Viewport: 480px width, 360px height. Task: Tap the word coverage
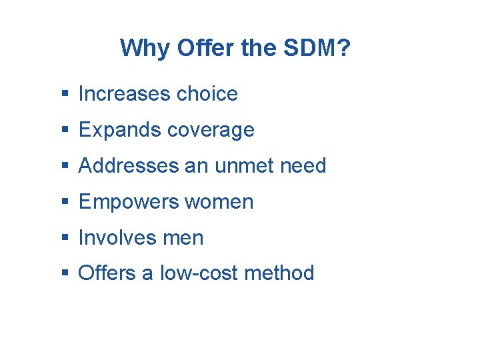(211, 131)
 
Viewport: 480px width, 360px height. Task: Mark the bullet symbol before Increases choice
(64, 95)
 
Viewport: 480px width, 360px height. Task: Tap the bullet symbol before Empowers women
(64, 203)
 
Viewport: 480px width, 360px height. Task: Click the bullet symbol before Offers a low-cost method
(64, 274)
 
